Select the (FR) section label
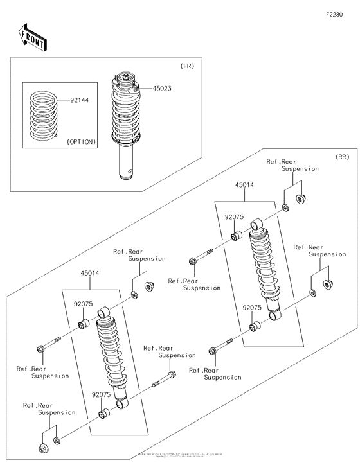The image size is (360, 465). (187, 66)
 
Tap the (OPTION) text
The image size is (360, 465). (81, 141)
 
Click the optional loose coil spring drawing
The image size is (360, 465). (44, 116)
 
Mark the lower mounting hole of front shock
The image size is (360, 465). (132, 170)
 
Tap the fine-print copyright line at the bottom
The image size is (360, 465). (180, 455)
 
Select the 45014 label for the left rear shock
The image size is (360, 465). (90, 273)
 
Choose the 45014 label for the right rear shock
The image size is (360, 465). (244, 185)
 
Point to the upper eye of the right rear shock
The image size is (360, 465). (255, 224)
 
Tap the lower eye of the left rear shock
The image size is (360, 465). (122, 403)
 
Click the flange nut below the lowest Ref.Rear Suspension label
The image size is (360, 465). (43, 447)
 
